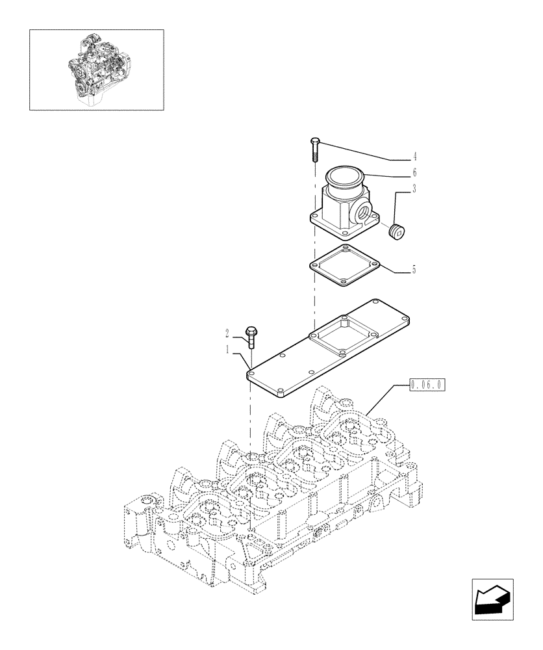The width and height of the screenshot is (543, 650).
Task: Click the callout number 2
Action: (x=227, y=333)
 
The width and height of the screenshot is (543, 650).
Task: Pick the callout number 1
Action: (x=227, y=350)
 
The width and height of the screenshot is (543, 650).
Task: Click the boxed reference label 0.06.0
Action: (x=427, y=385)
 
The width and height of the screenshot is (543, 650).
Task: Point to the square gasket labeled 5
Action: (x=342, y=266)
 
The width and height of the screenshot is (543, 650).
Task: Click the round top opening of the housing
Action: (x=346, y=175)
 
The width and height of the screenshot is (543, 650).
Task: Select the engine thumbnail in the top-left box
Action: (x=96, y=69)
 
